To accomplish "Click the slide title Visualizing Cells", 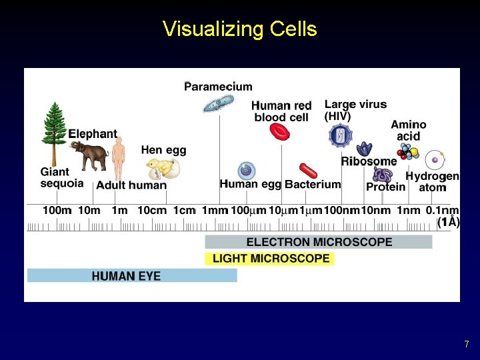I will click(239, 29).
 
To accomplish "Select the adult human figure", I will click(118, 158).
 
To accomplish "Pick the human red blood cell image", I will click(279, 131).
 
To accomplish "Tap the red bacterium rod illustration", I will click(309, 171).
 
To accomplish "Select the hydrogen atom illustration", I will click(435, 159).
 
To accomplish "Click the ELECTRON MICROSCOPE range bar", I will click(319, 242).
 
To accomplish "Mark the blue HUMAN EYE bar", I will click(131, 275).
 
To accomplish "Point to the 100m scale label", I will click(57, 210).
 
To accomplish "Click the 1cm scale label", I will click(184, 210).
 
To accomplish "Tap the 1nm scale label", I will click(408, 210).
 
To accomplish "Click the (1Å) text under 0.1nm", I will click(448, 222).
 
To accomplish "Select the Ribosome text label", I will click(369, 161).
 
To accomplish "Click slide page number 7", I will click(467, 345).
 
